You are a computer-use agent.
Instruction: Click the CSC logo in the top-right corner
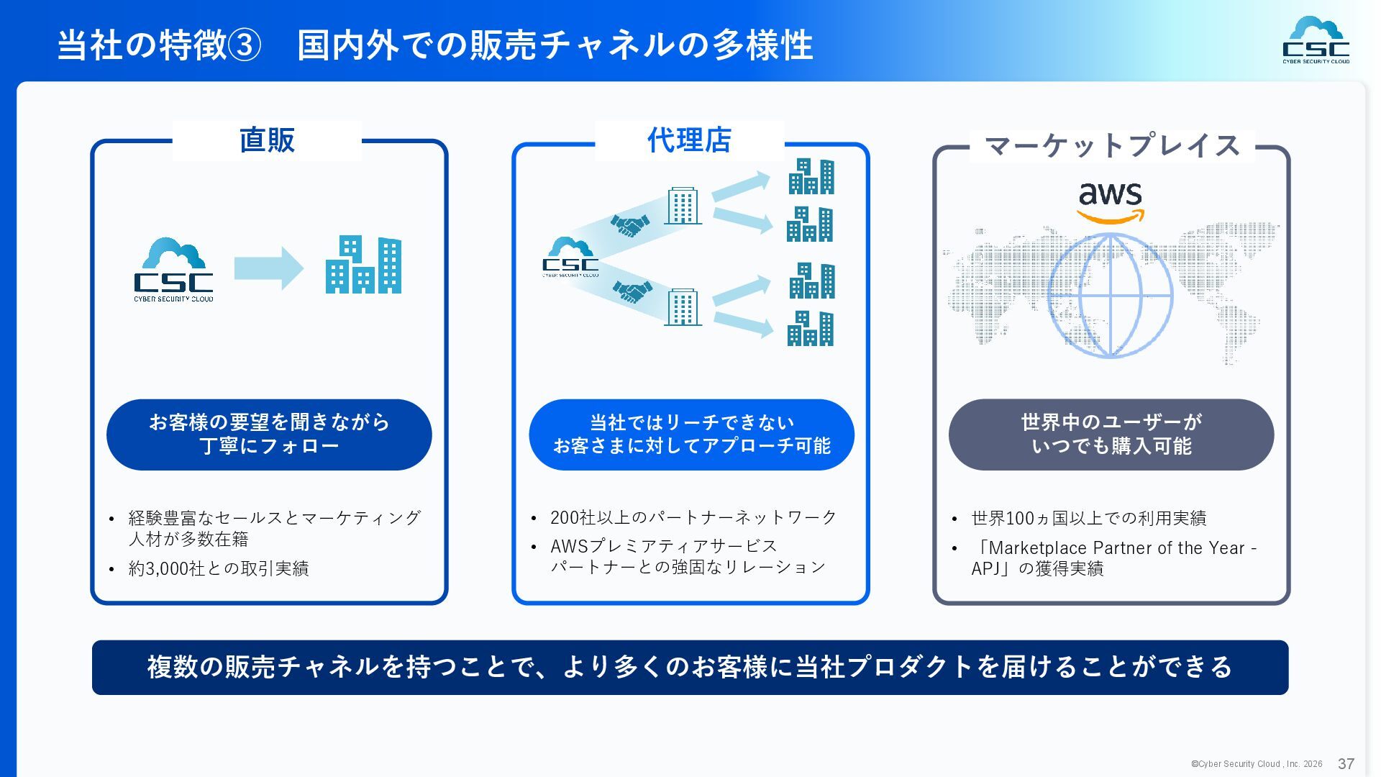pos(1316,40)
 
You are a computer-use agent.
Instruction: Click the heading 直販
pos(267,140)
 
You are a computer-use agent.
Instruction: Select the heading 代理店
pos(689,140)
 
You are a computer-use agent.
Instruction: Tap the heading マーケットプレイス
pos(1112,146)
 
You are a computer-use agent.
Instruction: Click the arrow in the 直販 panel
pos(269,268)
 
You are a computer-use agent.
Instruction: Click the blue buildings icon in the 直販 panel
pos(363,265)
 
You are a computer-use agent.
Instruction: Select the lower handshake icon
pos(632,291)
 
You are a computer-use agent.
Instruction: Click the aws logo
pos(1111,201)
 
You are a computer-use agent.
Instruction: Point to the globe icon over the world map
pos(1111,296)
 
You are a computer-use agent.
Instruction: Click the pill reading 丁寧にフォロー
pos(269,435)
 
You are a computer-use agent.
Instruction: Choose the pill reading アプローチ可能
pos(691,435)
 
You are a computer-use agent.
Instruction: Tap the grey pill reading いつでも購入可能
pos(1111,435)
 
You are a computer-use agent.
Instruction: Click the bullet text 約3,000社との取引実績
pos(219,568)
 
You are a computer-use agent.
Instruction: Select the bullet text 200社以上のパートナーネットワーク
pos(693,517)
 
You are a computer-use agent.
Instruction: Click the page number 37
pos(1346,764)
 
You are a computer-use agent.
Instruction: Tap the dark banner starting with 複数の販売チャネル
pos(690,667)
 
